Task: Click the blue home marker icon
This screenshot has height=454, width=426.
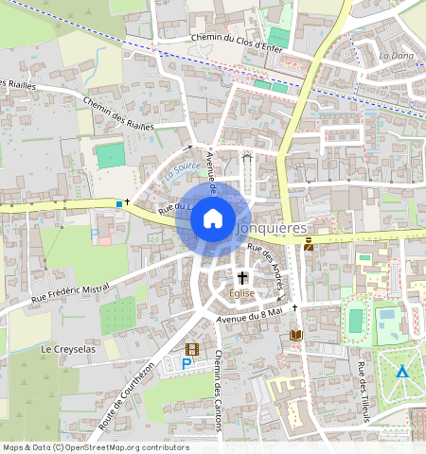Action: pyautogui.click(x=213, y=219)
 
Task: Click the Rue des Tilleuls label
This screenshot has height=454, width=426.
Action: pyautogui.click(x=363, y=389)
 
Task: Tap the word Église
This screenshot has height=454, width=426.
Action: pyautogui.click(x=242, y=293)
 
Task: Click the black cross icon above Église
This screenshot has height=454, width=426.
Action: pyautogui.click(x=242, y=278)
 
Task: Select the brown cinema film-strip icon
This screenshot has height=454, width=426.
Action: pyautogui.click(x=193, y=349)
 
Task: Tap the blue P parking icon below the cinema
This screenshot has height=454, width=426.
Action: pyautogui.click(x=186, y=363)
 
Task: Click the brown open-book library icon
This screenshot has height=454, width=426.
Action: pyautogui.click(x=295, y=335)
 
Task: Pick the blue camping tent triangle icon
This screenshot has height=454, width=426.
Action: pyautogui.click(x=402, y=371)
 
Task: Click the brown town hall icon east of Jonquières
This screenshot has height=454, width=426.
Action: pyautogui.click(x=309, y=245)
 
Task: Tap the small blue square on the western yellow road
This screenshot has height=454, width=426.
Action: pyautogui.click(x=118, y=203)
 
